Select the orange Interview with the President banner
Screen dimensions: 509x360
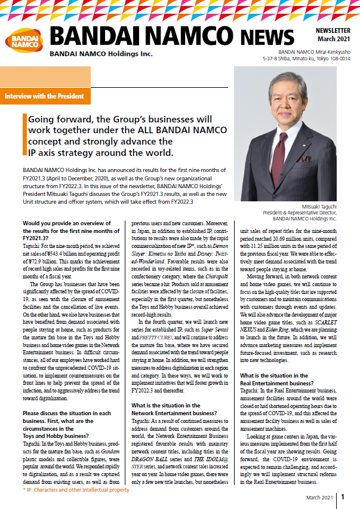[45, 96]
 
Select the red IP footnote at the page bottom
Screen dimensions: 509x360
[78, 490]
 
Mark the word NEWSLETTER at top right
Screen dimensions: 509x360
[334, 27]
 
